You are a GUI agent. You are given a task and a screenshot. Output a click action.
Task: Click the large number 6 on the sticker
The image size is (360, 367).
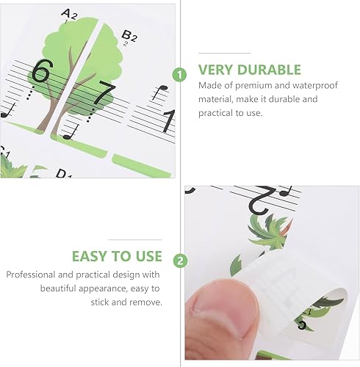41,71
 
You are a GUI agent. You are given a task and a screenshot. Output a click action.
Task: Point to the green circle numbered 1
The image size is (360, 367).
179,74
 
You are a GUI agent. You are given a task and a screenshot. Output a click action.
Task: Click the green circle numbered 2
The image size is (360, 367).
179,260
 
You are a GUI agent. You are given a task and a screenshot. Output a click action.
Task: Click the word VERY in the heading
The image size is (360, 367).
218,70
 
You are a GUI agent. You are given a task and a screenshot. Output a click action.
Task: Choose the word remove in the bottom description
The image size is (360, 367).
148,302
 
